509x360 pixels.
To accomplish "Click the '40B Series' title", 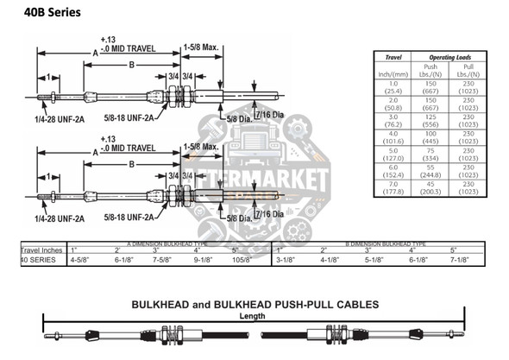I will [45, 12].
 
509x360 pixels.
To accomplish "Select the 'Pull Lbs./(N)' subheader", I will [468, 71].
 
